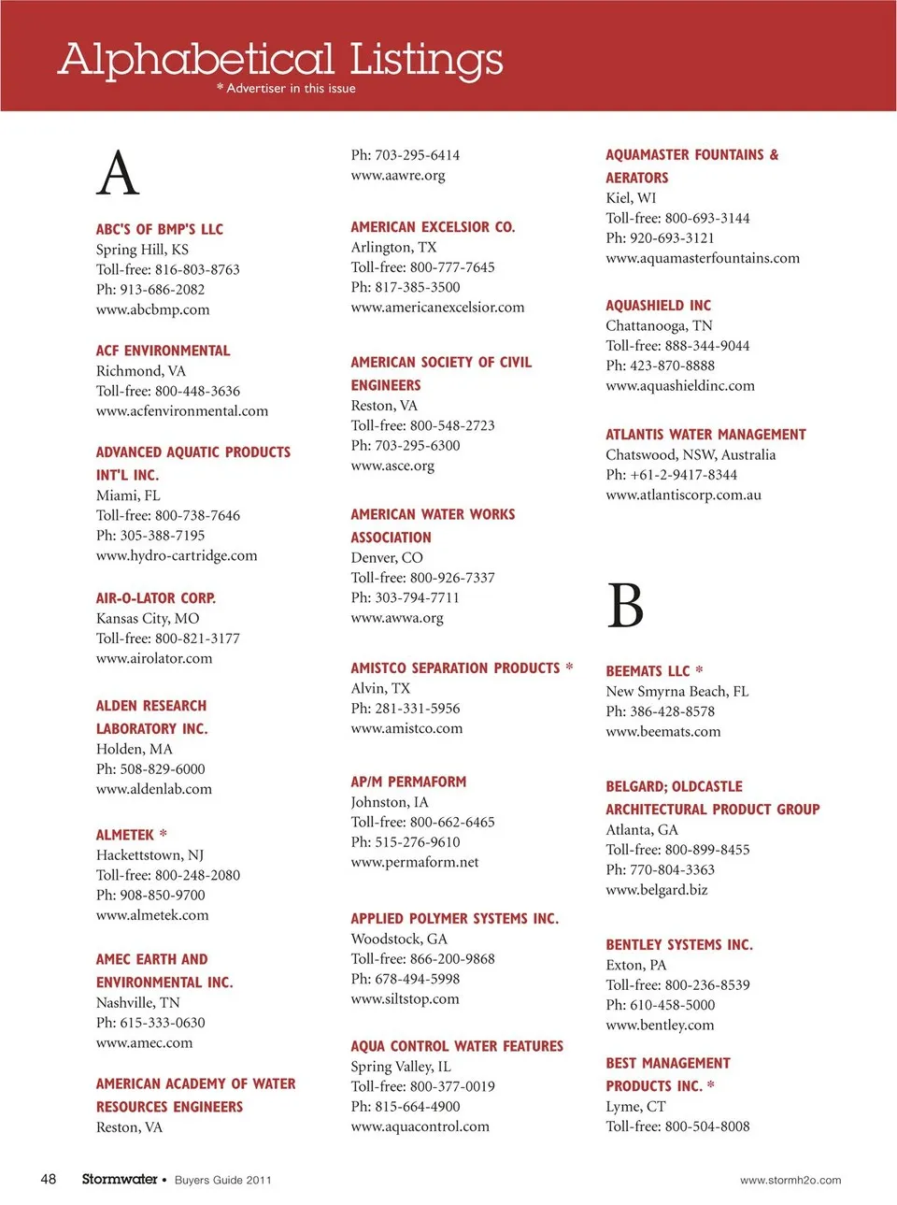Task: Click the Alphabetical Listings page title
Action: click(280, 59)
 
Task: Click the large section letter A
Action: click(118, 174)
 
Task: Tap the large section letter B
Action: click(625, 606)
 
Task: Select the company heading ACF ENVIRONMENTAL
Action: click(163, 351)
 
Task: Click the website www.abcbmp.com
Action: click(152, 309)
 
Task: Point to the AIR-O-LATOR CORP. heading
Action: click(156, 598)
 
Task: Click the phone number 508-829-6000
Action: click(162, 768)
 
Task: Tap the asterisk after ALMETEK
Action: click(164, 834)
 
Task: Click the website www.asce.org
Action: click(392, 466)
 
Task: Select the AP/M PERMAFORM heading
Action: click(408, 782)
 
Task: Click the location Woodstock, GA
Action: click(399, 939)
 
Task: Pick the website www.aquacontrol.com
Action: click(420, 1126)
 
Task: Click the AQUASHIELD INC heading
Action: click(658, 306)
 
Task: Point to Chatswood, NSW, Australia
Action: click(691, 454)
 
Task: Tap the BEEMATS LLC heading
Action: click(648, 671)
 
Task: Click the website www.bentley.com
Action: click(660, 1025)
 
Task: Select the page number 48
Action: click(49, 1179)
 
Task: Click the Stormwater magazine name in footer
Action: click(120, 1179)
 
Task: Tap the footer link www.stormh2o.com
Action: click(790, 1180)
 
